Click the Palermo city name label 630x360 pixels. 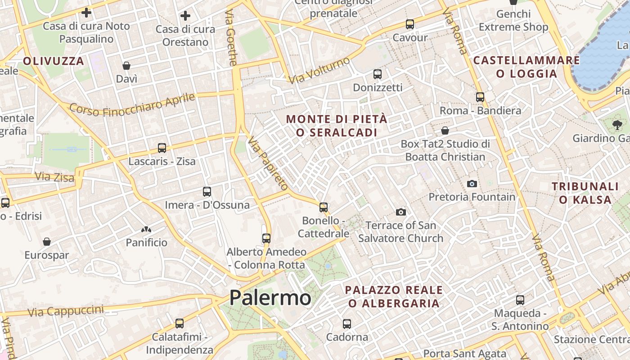(270, 298)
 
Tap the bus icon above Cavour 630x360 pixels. (409, 24)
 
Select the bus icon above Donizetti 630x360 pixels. (377, 74)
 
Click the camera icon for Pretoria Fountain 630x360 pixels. (472, 184)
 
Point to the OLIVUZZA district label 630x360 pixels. (54, 61)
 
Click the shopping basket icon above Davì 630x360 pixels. (126, 66)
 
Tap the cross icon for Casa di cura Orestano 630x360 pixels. (185, 16)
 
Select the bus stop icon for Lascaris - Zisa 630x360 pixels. (162, 148)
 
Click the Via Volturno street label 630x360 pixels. (319, 70)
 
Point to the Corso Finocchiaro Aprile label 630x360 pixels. (132, 105)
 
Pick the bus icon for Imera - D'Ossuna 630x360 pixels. (207, 192)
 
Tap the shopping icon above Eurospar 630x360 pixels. (46, 242)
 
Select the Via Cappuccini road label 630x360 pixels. (65, 311)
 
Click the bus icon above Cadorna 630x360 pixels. (346, 324)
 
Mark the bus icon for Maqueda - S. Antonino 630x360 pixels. (520, 300)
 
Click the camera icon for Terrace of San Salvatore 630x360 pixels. (400, 212)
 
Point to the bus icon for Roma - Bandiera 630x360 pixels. (480, 97)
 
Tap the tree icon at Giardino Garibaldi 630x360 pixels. (616, 125)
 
